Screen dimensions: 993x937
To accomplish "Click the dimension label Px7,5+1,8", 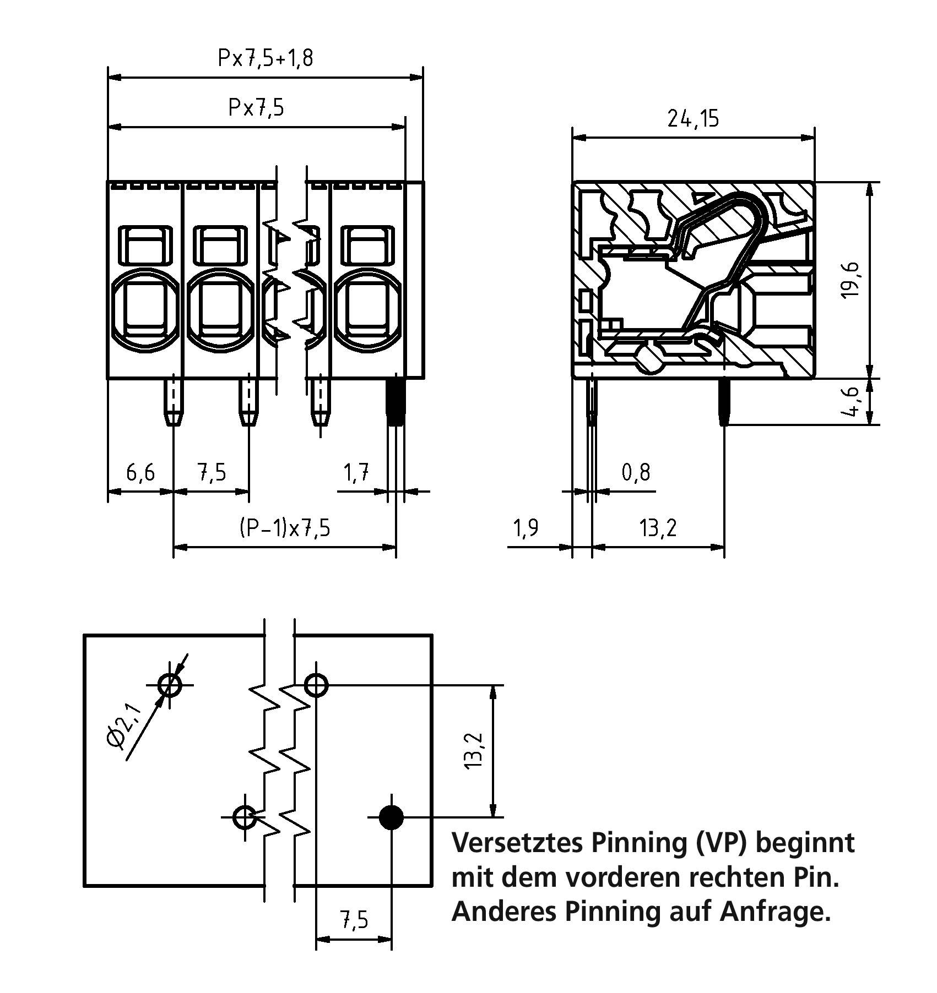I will [x=266, y=58].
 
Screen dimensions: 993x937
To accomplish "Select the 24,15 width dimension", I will [x=693, y=118].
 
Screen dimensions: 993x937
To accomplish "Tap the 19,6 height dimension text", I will [x=851, y=280].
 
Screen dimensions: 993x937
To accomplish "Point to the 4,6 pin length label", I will [x=851, y=402].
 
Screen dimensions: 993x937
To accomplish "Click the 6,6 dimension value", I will [x=140, y=472].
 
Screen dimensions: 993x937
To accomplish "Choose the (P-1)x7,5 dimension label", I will [x=285, y=528].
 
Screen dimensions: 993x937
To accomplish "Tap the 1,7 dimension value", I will [x=356, y=472].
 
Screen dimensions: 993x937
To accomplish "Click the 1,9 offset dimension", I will [x=526, y=528].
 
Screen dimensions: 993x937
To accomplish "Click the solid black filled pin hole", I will [x=391, y=817].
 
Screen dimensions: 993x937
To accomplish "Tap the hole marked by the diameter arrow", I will [x=169, y=685].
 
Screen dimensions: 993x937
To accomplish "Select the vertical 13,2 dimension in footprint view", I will [x=475, y=751].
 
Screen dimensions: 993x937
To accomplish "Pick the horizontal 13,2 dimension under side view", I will [x=658, y=528].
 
